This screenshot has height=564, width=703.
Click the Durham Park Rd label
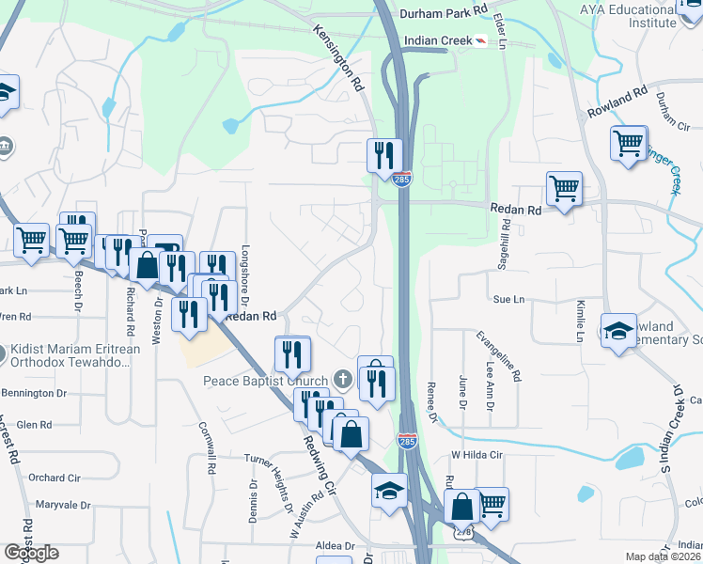click(x=444, y=12)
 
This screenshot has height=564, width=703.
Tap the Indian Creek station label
click(x=436, y=41)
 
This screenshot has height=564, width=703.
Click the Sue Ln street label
click(x=508, y=299)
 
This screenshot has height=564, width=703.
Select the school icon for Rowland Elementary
click(x=619, y=330)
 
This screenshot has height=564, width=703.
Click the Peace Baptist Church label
click(x=266, y=381)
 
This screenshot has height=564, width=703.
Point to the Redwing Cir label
click(x=320, y=462)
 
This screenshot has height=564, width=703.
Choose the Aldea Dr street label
click(x=336, y=545)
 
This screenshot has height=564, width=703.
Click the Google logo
click(x=31, y=553)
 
